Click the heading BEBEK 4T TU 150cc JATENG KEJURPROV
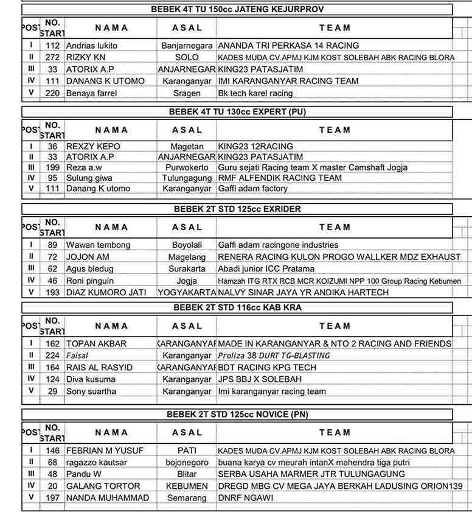237,9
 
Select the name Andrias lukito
92,46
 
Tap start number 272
53,57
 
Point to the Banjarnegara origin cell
187,46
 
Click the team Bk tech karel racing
255,93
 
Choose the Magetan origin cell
187,146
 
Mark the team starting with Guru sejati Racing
313,167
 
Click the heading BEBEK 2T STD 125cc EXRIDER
237,209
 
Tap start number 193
53,292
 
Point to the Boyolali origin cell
187,245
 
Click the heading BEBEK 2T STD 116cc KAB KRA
237,308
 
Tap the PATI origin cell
187,451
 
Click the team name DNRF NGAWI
246,498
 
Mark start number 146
53,451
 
